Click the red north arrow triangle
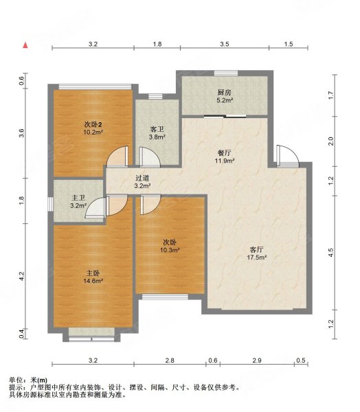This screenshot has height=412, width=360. pyautogui.click(x=25, y=45)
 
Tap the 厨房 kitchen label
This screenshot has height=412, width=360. pyautogui.click(x=224, y=93)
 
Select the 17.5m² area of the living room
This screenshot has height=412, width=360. pyautogui.click(x=257, y=257)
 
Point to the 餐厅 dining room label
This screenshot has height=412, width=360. pyautogui.click(x=225, y=153)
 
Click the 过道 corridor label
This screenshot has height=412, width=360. pyautogui.click(x=142, y=178)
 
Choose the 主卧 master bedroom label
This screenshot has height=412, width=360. pyautogui.click(x=93, y=273)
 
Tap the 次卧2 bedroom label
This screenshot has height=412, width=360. pyautogui.click(x=93, y=124)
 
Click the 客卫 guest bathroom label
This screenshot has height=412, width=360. pyautogui.click(x=157, y=129)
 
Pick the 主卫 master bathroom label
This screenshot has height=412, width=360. pyautogui.click(x=78, y=198)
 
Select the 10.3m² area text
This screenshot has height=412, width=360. pyautogui.click(x=170, y=250)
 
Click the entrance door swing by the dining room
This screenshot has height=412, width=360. pyautogui.click(x=287, y=156)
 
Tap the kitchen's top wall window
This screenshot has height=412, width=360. pyautogui.click(x=226, y=73)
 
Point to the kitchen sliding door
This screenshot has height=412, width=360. pyautogui.click(x=225, y=116)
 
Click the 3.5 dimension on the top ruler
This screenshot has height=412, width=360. pyautogui.click(x=225, y=44)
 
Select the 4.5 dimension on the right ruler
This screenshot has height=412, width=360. pyautogui.click(x=331, y=253)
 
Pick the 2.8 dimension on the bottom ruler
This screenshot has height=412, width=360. pyautogui.click(x=170, y=360)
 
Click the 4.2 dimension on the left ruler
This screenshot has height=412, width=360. pyautogui.click(x=22, y=276)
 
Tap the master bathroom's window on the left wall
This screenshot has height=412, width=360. pyautogui.click(x=50, y=204)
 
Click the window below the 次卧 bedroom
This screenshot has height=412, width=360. pyautogui.click(x=165, y=297)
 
